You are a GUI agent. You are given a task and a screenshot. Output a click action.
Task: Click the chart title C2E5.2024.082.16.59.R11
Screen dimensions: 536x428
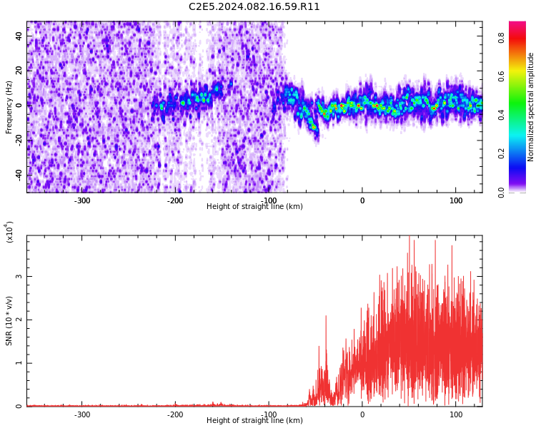coord(254,7)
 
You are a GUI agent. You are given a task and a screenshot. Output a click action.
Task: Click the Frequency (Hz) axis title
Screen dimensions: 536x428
coord(9,107)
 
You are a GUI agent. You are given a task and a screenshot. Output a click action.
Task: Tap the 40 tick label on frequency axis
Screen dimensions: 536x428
coord(19,36)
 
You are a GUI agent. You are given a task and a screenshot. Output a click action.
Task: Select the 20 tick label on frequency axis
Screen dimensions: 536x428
coord(19,71)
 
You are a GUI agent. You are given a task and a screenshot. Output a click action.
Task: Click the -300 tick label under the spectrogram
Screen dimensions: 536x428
coord(82,200)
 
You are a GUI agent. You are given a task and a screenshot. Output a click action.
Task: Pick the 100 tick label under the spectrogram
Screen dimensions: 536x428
coord(456,200)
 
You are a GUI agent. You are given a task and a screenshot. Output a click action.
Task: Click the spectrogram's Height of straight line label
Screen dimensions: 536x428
coord(254,206)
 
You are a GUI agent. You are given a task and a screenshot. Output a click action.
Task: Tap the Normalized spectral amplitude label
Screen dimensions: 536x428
coord(530,107)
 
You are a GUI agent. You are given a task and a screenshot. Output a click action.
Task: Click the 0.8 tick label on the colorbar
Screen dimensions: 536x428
coord(501,38)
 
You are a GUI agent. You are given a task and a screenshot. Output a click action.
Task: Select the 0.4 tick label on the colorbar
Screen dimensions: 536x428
coord(501,115)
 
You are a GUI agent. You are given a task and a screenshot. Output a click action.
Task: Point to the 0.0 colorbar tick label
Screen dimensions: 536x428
coord(501,193)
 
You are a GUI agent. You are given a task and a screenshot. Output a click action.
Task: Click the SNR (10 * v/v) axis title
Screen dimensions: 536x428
coord(9,321)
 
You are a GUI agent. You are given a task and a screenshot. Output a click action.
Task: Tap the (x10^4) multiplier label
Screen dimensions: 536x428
coord(9,232)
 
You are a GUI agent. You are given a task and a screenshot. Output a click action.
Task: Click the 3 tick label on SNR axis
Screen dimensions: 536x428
coord(19,276)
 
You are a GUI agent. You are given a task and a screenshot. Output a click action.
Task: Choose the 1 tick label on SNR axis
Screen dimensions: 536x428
coord(19,363)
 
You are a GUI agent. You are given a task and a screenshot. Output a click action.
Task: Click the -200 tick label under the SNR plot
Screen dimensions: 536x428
coord(175,415)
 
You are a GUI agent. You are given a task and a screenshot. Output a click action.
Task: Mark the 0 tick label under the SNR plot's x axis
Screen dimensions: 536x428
coord(362,415)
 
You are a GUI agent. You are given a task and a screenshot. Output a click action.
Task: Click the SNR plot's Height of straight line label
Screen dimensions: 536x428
coord(254,420)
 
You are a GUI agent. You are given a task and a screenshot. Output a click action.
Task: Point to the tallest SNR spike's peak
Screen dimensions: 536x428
coord(410,236)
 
